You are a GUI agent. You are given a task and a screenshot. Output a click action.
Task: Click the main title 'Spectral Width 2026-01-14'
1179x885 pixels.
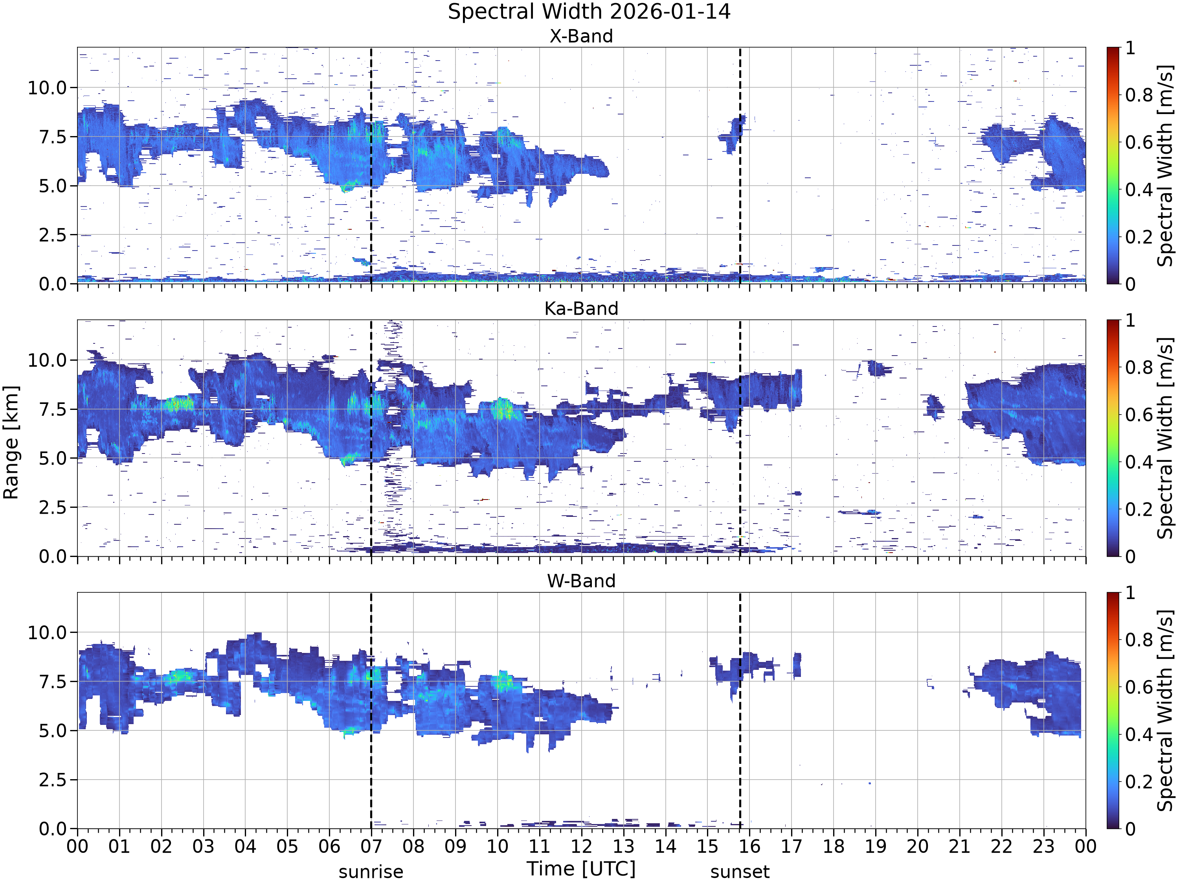coord(589,12)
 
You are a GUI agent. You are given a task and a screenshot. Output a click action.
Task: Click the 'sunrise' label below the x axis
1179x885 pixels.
coord(371,872)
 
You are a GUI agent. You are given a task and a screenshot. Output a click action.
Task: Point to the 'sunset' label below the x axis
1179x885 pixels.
coord(740,872)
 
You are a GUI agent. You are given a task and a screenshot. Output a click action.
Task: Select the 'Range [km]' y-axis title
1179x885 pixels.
coord(11,442)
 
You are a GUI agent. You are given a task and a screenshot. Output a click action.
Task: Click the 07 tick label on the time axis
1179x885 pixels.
coord(371,846)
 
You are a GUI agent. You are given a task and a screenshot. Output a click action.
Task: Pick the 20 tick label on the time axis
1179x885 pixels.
coord(917,846)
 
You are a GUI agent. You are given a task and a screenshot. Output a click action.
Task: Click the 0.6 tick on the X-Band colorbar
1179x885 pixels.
coord(1139,142)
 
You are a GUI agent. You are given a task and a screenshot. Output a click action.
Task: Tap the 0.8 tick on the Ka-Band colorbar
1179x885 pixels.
coord(1139,367)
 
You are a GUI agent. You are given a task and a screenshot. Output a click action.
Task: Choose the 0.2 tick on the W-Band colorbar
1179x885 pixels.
coord(1139,782)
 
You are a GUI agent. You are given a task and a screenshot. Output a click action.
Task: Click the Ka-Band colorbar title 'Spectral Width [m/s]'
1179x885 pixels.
coord(1166,438)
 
